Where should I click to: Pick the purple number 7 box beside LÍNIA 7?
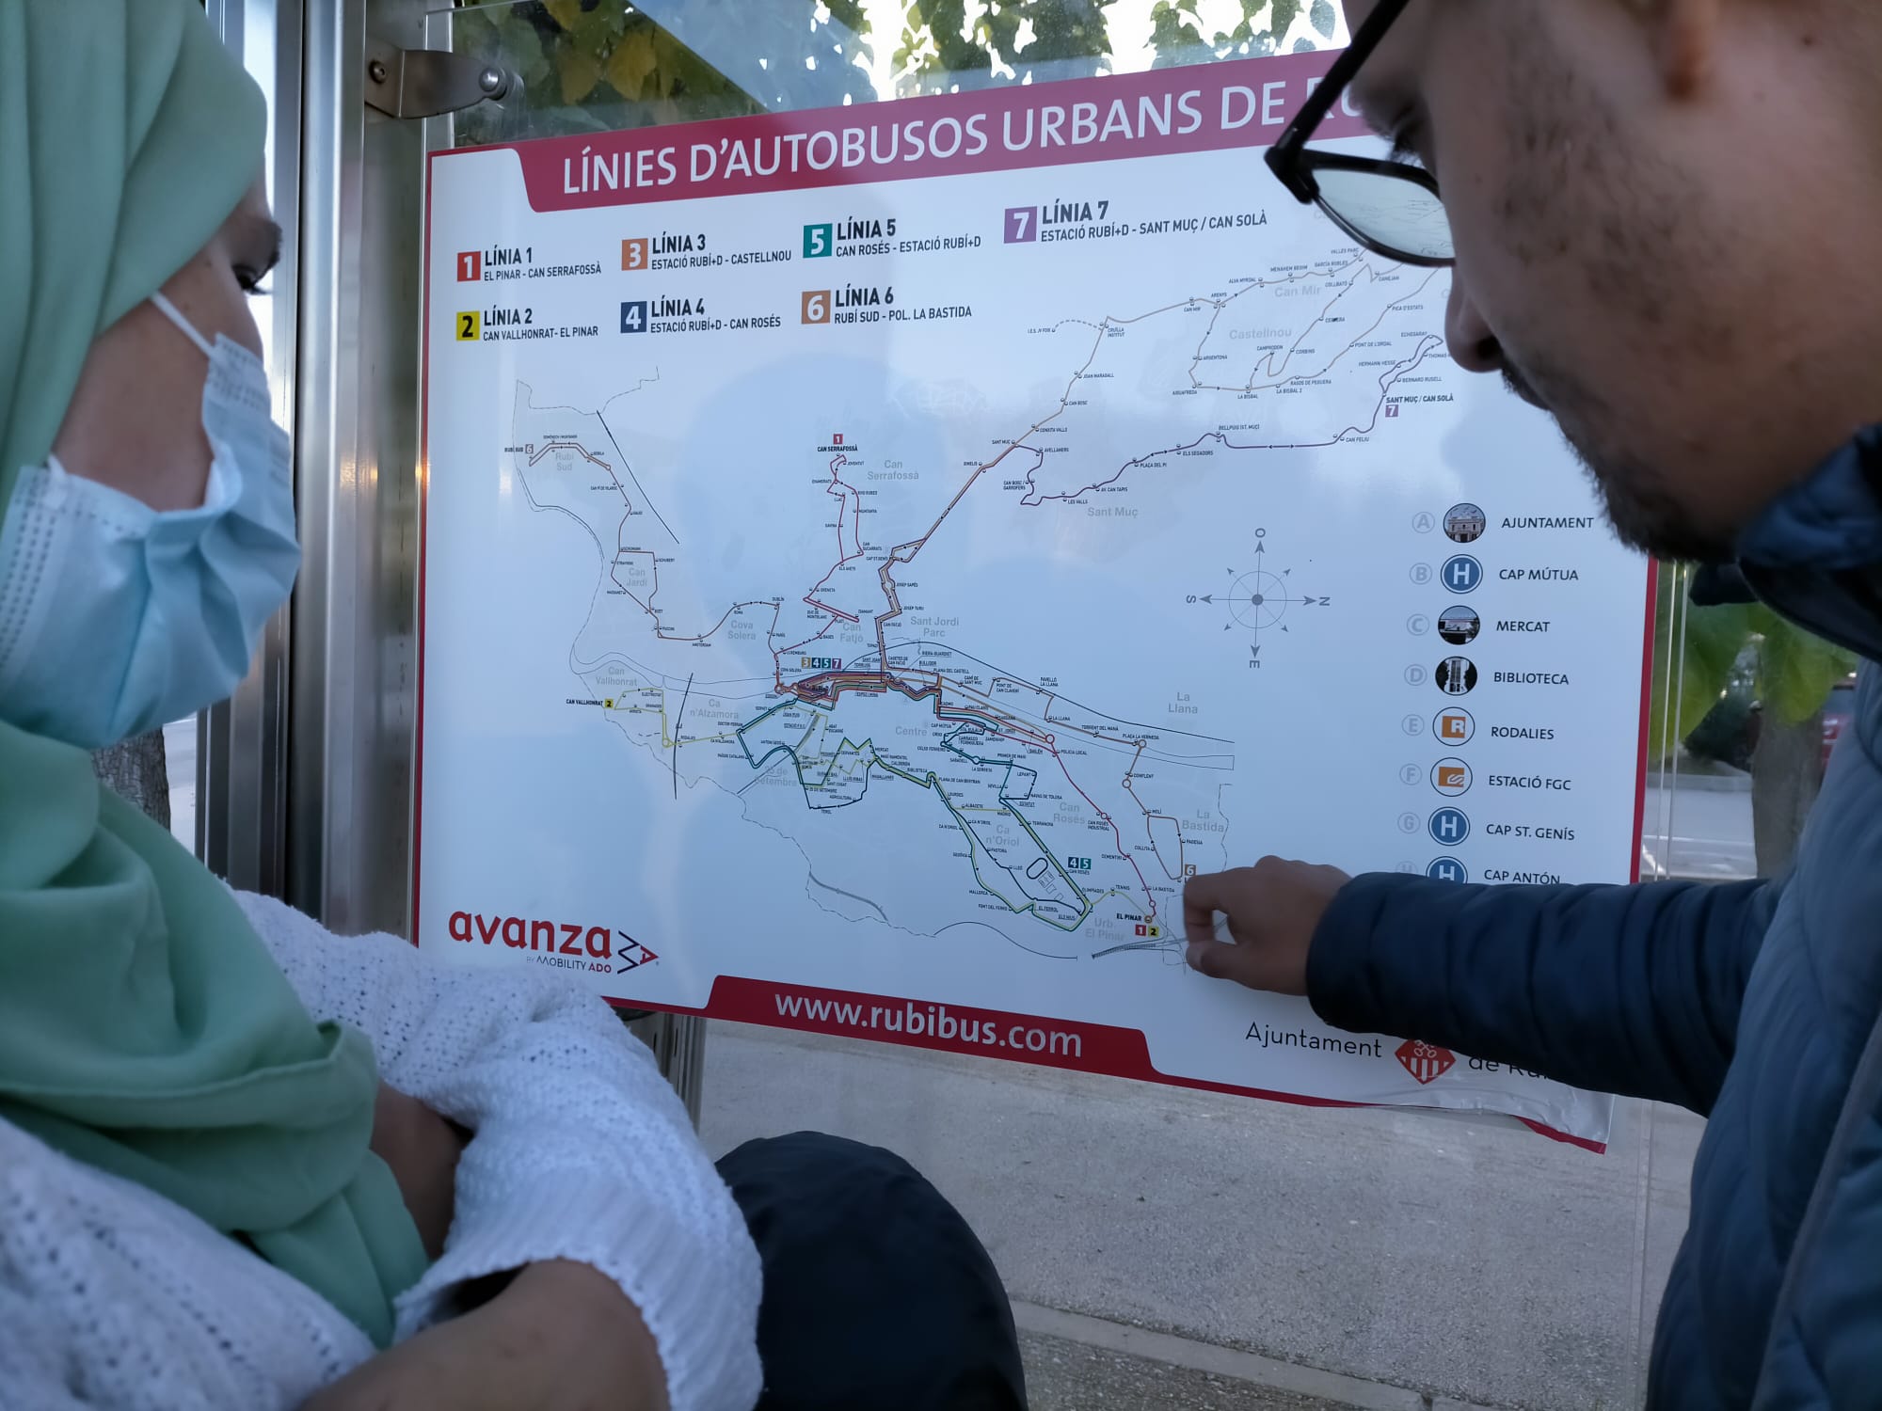[1020, 226]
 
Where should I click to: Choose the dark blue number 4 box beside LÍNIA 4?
[632, 318]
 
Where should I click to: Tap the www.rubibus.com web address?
[927, 1025]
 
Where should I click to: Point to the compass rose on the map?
[1258, 600]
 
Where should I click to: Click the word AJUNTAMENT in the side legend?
[1547, 523]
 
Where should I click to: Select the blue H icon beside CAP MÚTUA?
[1460, 574]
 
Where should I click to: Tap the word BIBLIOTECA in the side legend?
[1530, 677]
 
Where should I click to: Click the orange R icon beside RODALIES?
[1454, 727]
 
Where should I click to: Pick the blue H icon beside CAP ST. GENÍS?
[1449, 828]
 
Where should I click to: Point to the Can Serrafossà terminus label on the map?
[839, 449]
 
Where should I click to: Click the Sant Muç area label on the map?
[1112, 512]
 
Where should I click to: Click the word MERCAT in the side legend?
[1523, 626]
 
